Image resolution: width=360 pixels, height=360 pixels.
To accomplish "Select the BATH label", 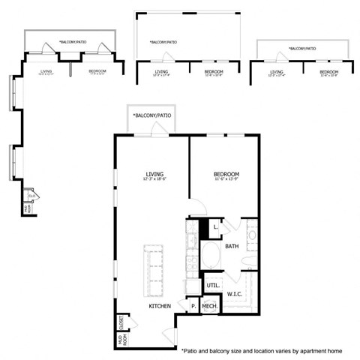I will point(232,245).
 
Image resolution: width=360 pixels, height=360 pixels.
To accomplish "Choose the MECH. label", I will point(209,307).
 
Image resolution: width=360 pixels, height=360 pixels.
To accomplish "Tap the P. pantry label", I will point(193,307).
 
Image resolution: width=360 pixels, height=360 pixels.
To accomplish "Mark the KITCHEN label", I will point(160,307).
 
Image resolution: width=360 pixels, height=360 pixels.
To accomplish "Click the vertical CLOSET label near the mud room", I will point(120,322).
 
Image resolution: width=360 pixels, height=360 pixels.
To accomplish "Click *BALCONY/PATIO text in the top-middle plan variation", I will point(163,42).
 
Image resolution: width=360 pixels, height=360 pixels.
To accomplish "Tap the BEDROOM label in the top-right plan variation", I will point(328,71).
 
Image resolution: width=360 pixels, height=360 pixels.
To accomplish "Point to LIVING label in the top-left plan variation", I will point(46,71).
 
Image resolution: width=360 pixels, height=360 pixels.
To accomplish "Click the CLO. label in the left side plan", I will point(32,196).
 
